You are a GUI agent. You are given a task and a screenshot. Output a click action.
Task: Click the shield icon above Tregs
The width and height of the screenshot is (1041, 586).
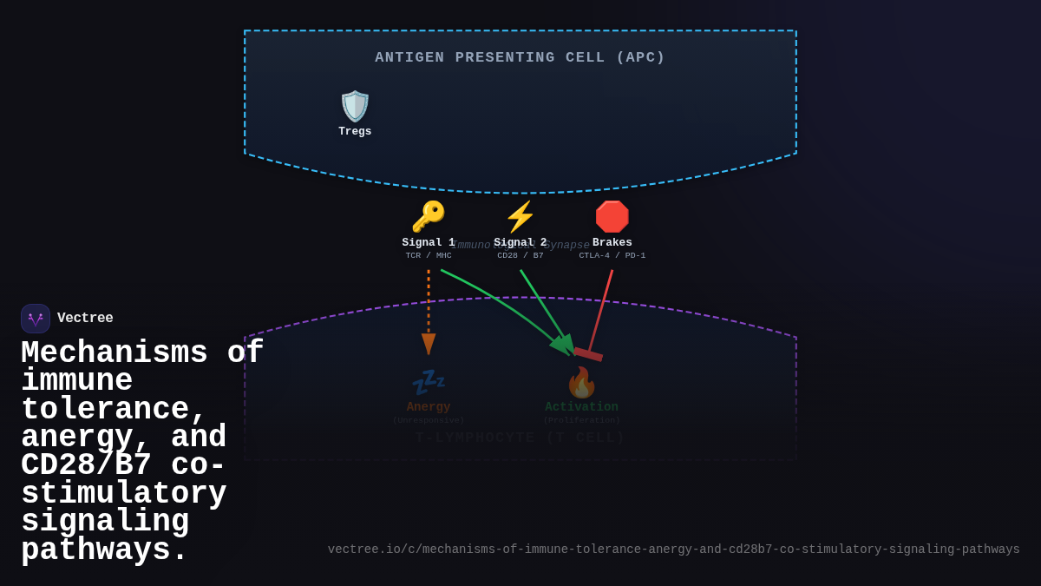(x=355, y=106)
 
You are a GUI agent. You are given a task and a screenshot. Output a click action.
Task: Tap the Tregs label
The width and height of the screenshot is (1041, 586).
(x=355, y=132)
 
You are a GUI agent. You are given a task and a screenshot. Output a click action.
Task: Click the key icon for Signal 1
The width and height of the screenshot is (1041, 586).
(x=429, y=216)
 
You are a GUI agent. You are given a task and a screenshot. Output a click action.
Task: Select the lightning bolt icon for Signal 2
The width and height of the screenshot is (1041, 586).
(x=520, y=216)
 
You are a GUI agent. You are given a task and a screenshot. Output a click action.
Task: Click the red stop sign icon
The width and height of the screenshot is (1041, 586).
(x=612, y=216)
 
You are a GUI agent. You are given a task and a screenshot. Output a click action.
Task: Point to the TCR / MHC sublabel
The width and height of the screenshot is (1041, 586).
(x=429, y=256)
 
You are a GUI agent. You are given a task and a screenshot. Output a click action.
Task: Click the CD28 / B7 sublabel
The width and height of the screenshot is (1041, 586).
(x=520, y=256)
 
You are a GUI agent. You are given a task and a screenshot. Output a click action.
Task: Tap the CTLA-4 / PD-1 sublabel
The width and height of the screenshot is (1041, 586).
(x=612, y=256)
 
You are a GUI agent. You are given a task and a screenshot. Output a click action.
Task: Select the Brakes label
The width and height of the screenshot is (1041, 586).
(x=612, y=243)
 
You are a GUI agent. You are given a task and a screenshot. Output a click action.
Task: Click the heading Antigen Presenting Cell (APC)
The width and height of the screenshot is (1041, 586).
(x=520, y=57)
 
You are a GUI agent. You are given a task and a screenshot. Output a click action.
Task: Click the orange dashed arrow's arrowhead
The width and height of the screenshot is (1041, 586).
(x=429, y=344)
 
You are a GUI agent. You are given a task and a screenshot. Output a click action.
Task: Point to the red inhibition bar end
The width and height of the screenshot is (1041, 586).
(x=588, y=354)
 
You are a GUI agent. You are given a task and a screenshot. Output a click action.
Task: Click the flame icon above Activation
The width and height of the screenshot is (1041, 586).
(x=581, y=382)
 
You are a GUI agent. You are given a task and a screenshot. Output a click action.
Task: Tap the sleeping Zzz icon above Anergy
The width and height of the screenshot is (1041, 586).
(x=429, y=382)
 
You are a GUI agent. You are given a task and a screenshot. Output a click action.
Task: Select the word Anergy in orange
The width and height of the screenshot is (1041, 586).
(x=429, y=407)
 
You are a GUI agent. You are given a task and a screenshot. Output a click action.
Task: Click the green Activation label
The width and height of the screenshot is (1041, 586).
(x=581, y=407)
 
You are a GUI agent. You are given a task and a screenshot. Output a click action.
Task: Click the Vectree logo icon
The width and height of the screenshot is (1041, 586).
(x=36, y=319)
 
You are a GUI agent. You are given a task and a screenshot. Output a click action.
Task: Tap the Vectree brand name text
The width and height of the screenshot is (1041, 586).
(x=85, y=319)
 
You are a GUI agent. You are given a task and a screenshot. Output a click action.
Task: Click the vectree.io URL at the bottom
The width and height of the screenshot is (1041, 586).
(x=673, y=550)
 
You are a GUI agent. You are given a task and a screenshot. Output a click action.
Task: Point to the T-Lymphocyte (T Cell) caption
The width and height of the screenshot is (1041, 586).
(x=520, y=438)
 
